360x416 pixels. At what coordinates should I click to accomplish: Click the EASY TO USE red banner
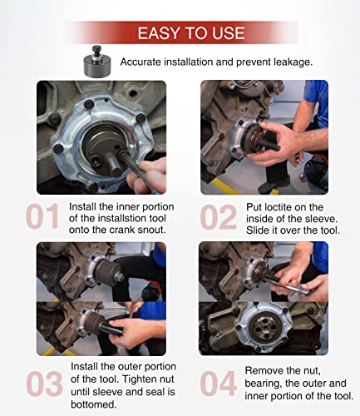click(x=190, y=33)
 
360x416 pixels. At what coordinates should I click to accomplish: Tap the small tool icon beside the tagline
click(x=96, y=62)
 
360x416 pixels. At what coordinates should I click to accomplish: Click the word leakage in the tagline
click(x=289, y=62)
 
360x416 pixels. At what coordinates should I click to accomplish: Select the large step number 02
click(x=219, y=216)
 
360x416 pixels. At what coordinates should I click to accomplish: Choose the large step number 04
click(x=219, y=382)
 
